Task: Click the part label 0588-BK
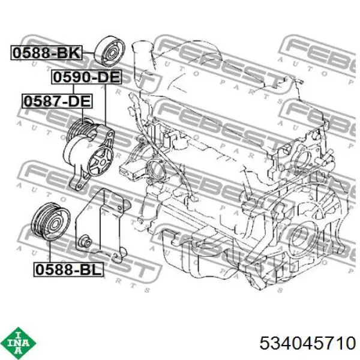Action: click(46, 53)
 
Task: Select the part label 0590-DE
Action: click(86, 77)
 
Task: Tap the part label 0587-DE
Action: click(57, 101)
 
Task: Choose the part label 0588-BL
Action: click(68, 269)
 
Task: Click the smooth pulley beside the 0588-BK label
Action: click(110, 51)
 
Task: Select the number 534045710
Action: click(308, 343)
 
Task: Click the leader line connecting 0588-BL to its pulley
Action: click(50, 251)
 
